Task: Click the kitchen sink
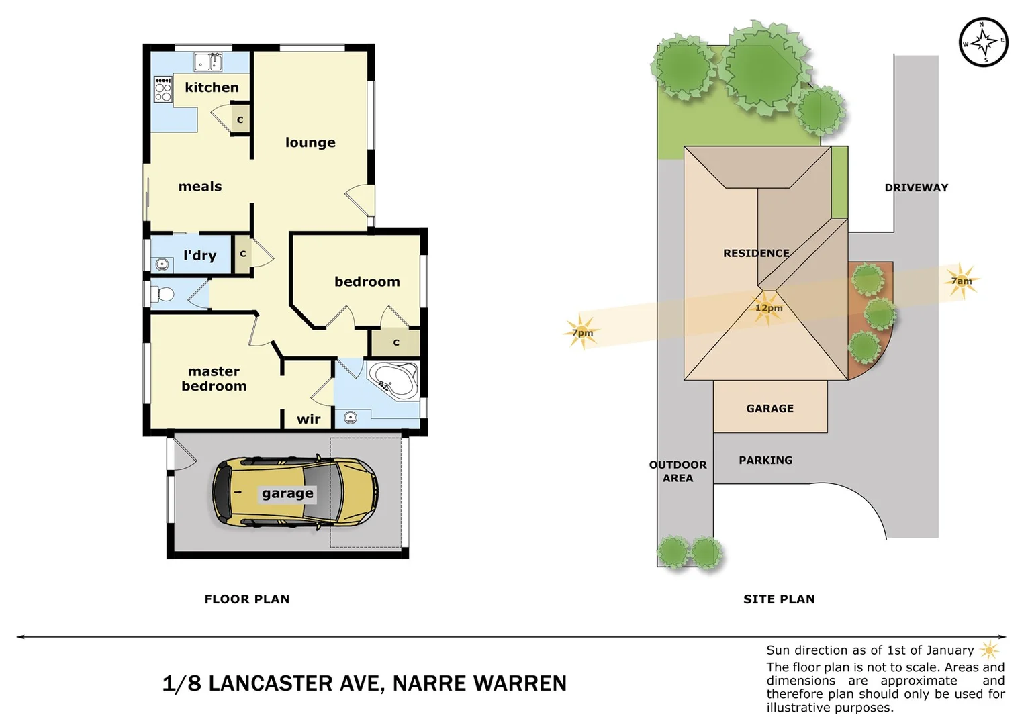click(208, 62)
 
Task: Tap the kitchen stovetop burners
click(162, 89)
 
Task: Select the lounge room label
click(310, 142)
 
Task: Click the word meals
click(200, 187)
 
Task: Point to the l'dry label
click(199, 256)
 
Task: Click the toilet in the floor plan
click(162, 294)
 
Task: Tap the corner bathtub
click(394, 381)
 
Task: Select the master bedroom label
click(214, 379)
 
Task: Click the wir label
click(308, 419)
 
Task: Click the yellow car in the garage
click(295, 493)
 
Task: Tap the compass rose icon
click(983, 42)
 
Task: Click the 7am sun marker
click(962, 281)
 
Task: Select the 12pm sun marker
click(768, 308)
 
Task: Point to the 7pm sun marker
click(581, 332)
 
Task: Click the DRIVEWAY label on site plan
click(916, 188)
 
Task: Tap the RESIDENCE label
click(756, 253)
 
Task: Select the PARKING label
click(765, 461)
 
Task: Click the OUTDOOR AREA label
click(678, 471)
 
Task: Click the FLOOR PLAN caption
click(247, 599)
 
